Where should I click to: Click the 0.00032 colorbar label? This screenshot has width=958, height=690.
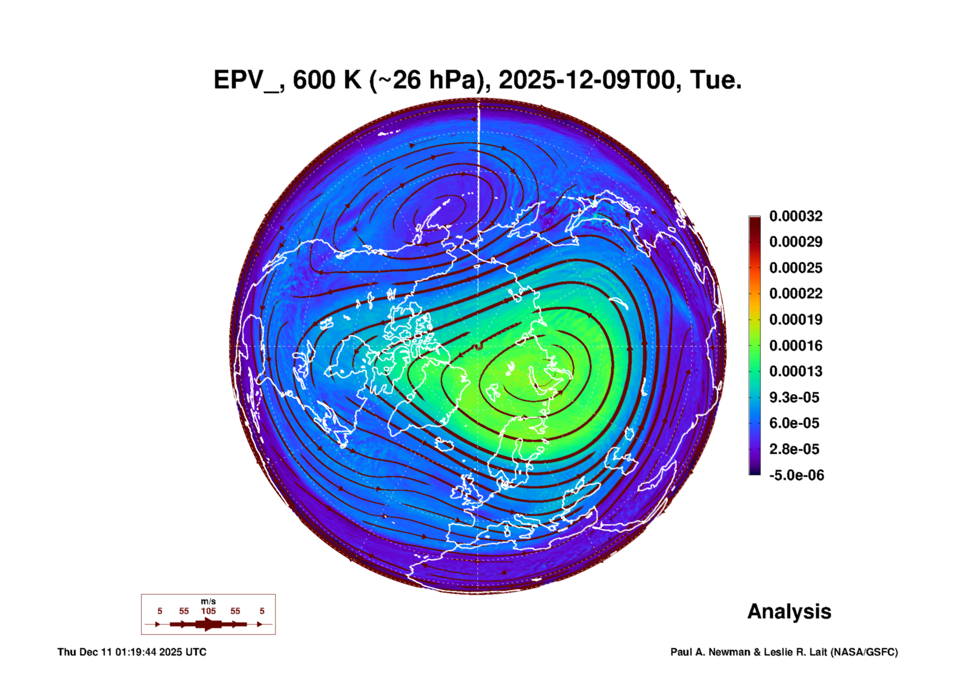[x=796, y=216]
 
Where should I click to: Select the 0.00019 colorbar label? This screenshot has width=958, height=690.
[x=796, y=320]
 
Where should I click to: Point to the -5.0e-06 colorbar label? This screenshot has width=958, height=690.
[x=796, y=475]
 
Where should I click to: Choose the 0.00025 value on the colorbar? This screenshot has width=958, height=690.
[x=796, y=268]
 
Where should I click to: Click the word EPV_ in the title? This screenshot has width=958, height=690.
[x=246, y=80]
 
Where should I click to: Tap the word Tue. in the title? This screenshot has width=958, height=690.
[x=716, y=80]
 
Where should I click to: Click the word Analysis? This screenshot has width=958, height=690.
[x=789, y=612]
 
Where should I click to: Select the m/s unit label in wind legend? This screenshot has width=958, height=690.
[x=208, y=601]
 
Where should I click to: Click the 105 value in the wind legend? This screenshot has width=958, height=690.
[x=208, y=611]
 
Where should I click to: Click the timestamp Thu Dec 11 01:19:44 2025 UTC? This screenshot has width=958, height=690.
[x=132, y=652]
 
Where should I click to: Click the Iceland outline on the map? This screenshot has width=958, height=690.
[x=444, y=444]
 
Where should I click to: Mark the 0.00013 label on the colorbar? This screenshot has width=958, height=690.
[x=796, y=371]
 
